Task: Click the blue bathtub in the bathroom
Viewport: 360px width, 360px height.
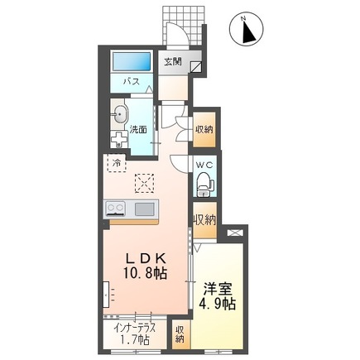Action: (131, 62)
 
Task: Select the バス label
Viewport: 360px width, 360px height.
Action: (131, 82)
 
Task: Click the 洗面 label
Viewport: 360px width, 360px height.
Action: (139, 130)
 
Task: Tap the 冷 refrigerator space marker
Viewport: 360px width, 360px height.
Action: (117, 163)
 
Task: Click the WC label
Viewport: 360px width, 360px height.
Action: (205, 164)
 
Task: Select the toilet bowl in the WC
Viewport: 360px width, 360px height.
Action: (204, 185)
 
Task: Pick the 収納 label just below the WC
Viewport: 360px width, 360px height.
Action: (205, 219)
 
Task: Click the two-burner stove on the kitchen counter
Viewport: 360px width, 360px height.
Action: (115, 208)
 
